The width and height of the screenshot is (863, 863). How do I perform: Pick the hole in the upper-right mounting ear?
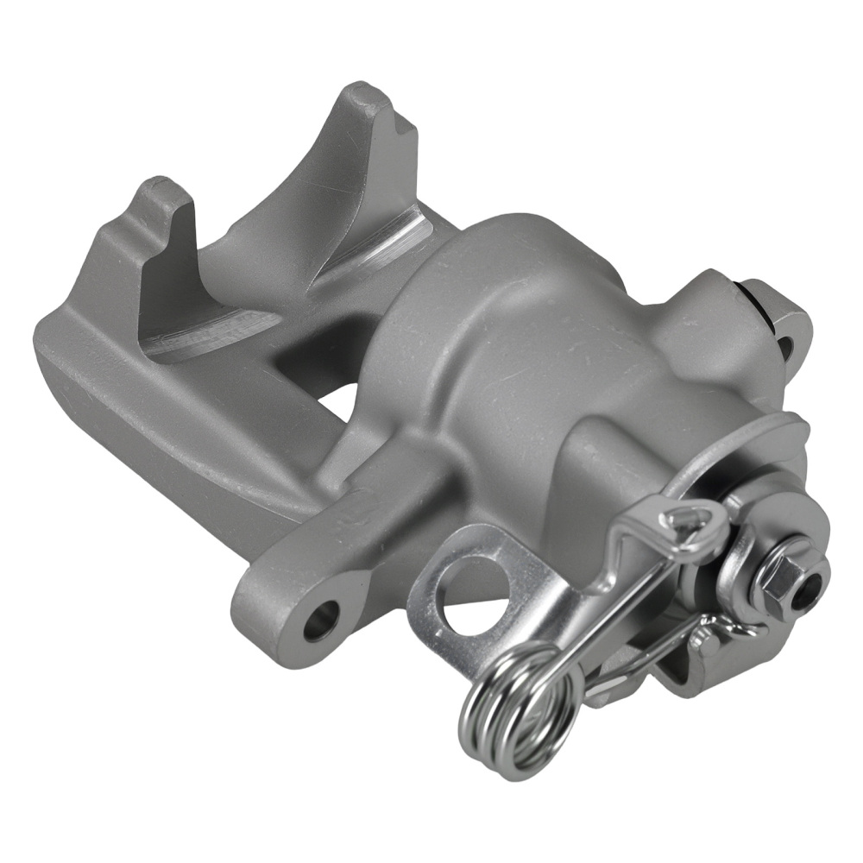784,347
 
